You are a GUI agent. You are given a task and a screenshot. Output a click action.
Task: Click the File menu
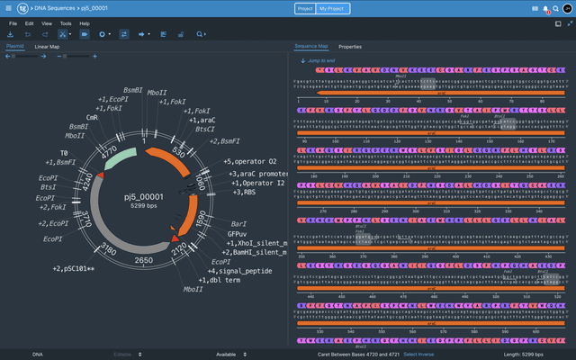pos(13,22)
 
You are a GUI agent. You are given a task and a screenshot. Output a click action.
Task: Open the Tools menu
pos(66,22)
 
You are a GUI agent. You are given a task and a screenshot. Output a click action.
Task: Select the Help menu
pos(85,22)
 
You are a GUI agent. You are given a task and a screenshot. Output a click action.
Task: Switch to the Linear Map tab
pos(47,46)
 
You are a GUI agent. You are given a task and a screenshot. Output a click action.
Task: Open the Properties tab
pos(349,46)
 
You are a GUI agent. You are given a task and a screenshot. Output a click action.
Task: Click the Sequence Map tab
pos(311,46)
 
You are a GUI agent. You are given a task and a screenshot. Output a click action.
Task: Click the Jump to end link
pos(320,60)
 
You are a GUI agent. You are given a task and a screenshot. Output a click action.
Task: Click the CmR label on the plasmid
pos(92,117)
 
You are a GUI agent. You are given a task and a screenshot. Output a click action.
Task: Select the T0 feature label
pos(64,153)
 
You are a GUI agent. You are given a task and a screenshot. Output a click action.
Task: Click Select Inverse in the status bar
pos(423,354)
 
